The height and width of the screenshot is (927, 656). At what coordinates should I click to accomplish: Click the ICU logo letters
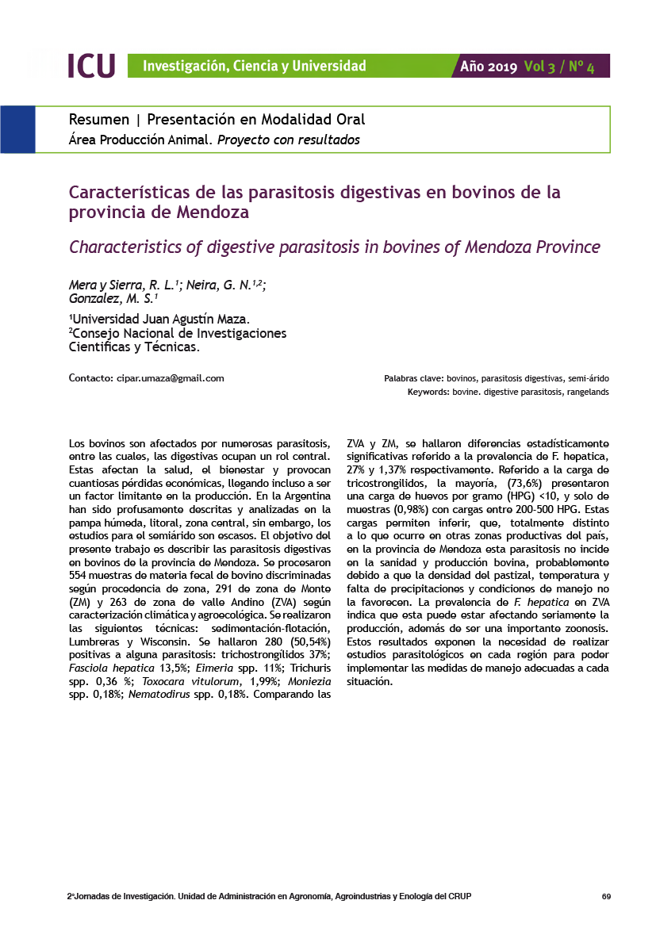[x=91, y=66]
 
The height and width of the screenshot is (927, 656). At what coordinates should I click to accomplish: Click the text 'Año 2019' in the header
[x=489, y=67]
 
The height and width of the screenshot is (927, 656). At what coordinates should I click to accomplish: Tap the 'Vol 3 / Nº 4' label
[x=559, y=67]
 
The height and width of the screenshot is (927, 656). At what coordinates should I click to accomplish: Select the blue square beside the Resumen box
[x=17, y=129]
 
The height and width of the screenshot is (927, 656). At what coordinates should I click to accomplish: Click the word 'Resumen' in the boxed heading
[x=99, y=120]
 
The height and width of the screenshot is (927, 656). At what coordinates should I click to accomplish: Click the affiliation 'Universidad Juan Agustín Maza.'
[x=160, y=320]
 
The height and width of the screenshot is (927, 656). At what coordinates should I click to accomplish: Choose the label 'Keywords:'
[x=428, y=393]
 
